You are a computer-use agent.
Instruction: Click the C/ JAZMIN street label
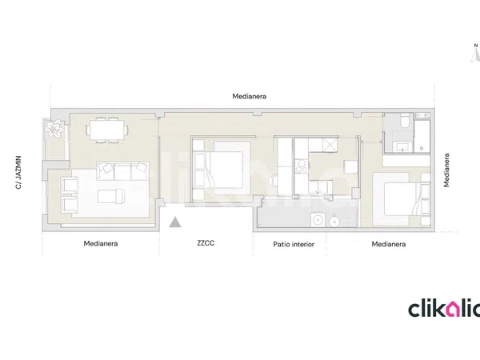pos(18,172)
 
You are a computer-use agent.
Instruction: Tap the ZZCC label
pos(206,243)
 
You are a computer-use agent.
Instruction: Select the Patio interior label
pos(294,244)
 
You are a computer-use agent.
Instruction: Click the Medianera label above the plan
pos(249,97)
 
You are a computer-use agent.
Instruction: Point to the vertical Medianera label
pos(446,170)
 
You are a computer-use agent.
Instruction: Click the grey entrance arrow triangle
pos(175,222)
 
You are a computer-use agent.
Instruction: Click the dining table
pos(107,130)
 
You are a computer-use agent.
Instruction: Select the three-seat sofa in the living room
pos(122,171)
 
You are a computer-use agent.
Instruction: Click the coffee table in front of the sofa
pos(111,196)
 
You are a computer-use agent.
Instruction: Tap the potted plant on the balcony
pos(54,128)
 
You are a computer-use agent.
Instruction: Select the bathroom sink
pos(402,147)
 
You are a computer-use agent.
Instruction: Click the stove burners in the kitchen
pos(302,166)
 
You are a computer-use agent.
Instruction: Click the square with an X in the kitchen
pos(330,145)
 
